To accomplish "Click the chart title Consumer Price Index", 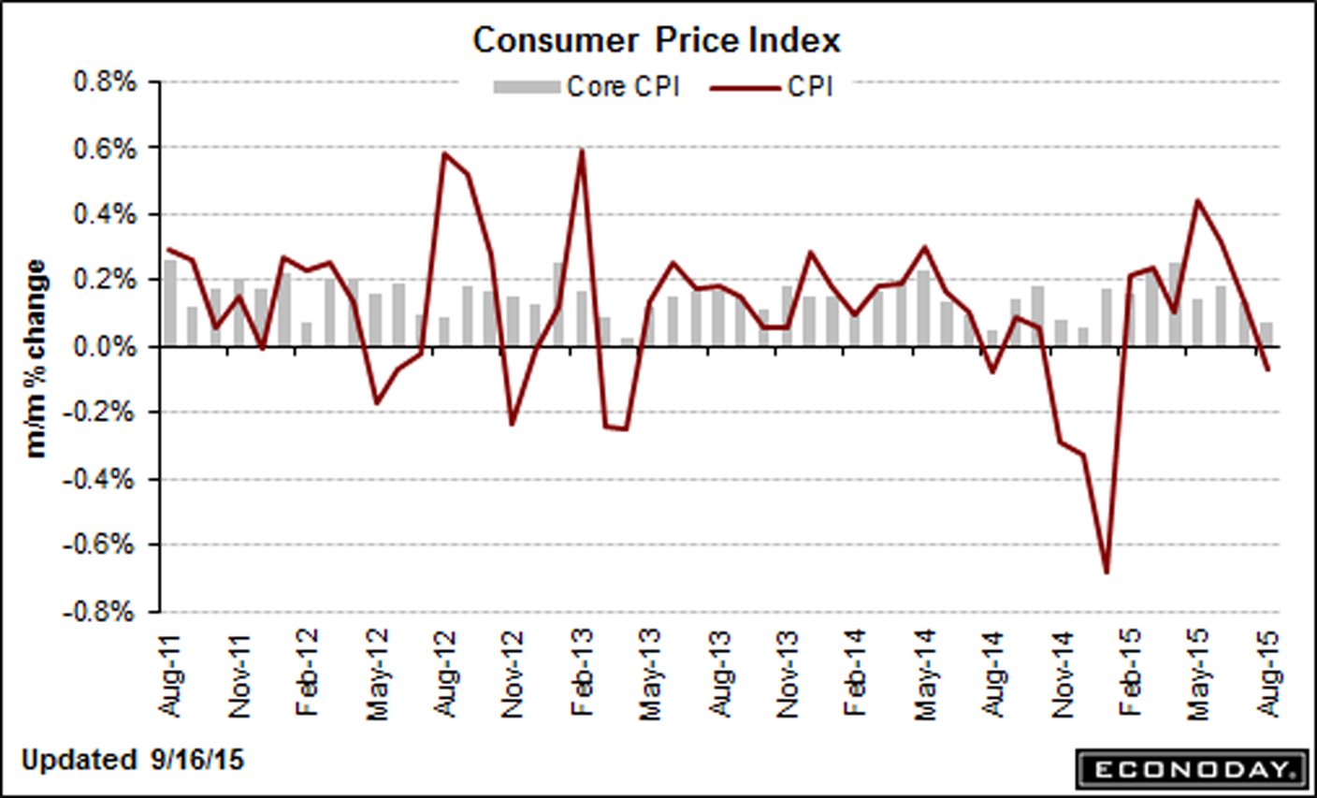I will [x=656, y=41].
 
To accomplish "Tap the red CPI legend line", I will [x=745, y=88].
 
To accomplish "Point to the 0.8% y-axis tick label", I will [x=105, y=82].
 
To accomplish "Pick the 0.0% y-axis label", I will [x=105, y=347].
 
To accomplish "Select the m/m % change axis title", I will [x=36, y=359].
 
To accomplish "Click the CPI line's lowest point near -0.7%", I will [x=1107, y=573].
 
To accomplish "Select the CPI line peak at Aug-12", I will [x=444, y=152].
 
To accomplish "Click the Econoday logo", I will [x=1189, y=769].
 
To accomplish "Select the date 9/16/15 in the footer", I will [x=195, y=760].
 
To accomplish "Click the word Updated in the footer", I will [x=79, y=760].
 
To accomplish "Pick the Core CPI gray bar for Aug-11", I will [x=170, y=303].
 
